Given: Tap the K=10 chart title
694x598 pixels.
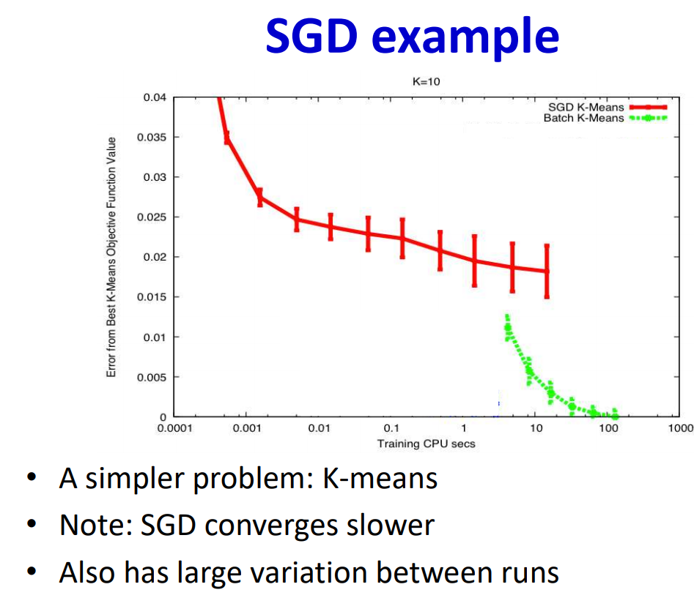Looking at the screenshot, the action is coord(427,81).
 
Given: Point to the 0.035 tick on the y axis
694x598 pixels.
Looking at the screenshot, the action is coord(152,137).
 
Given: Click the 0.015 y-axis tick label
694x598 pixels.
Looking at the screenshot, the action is coord(152,297).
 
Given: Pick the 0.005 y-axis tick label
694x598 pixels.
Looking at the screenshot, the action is coord(152,377).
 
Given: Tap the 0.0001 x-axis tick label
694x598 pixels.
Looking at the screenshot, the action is coord(175,428).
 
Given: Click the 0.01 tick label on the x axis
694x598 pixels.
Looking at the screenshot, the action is coord(319,428).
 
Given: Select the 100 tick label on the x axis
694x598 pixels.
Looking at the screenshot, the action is coord(608,428).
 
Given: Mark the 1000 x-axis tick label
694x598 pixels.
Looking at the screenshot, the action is coord(681,428).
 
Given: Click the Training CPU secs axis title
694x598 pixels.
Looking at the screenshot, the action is coord(427,444).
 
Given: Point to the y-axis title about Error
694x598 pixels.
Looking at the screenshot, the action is coord(111,257).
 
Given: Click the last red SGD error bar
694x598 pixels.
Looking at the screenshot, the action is coord(547,272).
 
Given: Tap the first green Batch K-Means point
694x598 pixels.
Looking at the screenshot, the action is coord(508,327).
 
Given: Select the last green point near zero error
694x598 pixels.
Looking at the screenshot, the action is coord(614,414).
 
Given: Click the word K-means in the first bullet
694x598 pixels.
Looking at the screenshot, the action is coord(380,478).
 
